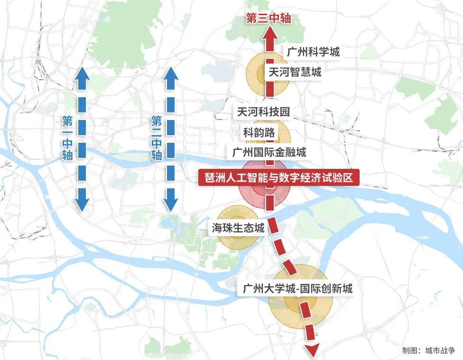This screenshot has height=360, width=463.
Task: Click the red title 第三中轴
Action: click(x=268, y=18)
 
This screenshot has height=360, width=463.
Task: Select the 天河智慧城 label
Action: click(x=295, y=72)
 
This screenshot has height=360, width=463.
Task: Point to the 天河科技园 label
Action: click(x=263, y=112)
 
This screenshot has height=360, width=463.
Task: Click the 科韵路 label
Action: click(x=259, y=132)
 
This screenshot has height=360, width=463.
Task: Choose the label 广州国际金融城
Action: click(x=269, y=152)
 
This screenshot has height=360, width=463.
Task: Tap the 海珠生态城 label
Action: click(x=238, y=229)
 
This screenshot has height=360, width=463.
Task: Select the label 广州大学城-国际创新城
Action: click(x=297, y=288)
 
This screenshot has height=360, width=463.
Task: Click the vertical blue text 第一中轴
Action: click(x=67, y=138)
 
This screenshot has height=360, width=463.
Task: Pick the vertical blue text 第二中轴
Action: click(x=157, y=138)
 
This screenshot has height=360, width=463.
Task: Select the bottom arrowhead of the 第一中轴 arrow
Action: click(x=82, y=204)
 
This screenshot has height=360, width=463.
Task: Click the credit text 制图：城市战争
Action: click(x=428, y=351)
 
